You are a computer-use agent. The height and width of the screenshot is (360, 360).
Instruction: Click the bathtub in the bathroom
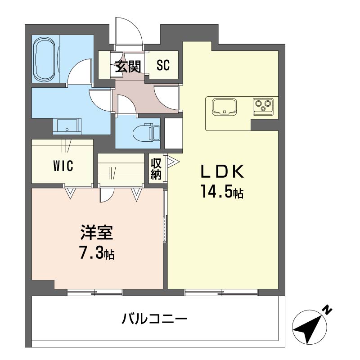[45, 59]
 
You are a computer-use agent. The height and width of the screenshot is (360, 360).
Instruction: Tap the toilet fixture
[146, 132]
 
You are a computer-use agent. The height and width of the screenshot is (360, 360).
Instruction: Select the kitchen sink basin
[224, 107]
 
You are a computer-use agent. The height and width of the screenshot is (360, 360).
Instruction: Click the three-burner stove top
[263, 107]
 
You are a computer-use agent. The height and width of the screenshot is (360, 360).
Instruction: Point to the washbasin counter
[67, 126]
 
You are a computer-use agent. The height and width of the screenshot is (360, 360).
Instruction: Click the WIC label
[63, 166]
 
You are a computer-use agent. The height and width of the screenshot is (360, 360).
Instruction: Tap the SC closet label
[163, 65]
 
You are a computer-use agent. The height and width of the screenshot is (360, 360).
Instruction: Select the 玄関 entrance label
[128, 66]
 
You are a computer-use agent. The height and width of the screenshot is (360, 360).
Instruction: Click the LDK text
[222, 172]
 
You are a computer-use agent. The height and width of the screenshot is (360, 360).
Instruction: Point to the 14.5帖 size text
[222, 192]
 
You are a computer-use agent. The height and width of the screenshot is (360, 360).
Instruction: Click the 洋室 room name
[97, 232]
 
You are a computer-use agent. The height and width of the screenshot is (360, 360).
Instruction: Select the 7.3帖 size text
[97, 252]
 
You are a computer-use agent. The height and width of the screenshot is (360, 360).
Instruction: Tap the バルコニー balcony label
[154, 319]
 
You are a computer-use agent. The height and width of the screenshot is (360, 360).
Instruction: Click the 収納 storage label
[156, 169]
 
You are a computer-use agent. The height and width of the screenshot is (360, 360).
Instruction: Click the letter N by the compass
[328, 310]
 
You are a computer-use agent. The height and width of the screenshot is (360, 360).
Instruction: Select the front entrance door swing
[129, 31]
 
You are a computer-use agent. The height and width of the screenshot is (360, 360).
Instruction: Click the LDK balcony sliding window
[221, 292]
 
